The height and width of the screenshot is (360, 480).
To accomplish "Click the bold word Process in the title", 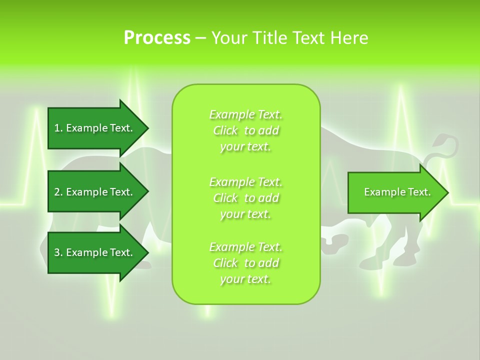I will coord(157,38).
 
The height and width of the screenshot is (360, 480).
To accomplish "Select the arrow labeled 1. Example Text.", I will coord(95,128).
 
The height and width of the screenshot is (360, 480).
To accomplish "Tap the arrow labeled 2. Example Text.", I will coord(95,192).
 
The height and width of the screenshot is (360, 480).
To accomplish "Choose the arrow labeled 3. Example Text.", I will coord(95,252).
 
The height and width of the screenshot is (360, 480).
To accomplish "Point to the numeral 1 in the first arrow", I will coord(56,128).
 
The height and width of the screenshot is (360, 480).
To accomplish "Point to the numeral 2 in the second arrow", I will coord(57,192).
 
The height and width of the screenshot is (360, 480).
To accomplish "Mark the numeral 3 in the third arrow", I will coord(57,252).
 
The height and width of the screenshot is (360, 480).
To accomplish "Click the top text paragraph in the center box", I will coord(246,130).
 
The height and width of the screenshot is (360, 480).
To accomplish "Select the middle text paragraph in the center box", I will coord(246,198).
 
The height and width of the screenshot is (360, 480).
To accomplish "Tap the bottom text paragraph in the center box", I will coord(246,263).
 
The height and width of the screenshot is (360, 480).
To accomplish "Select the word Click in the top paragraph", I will coord(225,130).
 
